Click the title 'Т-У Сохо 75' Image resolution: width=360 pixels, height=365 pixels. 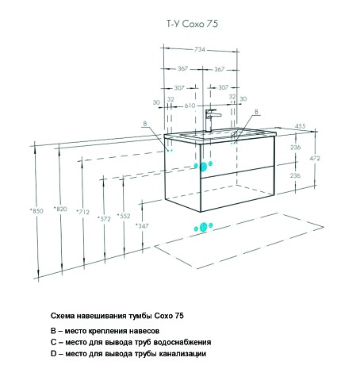192,24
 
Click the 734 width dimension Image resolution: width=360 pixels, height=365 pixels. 200,49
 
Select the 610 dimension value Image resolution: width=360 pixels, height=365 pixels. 190,106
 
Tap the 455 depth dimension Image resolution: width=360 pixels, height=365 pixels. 300,126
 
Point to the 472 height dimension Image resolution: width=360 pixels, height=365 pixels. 315,158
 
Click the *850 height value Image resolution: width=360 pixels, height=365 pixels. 36,211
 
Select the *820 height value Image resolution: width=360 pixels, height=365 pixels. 60,209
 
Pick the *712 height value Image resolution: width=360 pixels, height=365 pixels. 83,212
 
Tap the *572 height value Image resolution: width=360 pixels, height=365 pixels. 104,219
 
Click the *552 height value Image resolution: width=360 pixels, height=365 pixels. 124,216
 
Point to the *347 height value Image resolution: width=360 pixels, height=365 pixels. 142,225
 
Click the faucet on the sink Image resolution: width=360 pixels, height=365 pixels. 212,121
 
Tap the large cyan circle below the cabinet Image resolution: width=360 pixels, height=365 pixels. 203,227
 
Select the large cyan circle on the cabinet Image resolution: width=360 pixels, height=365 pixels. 203,167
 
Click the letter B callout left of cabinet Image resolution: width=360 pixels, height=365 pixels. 145,124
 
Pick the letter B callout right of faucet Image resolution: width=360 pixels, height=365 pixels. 256,112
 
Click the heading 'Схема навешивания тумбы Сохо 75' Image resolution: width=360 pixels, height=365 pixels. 117,316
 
